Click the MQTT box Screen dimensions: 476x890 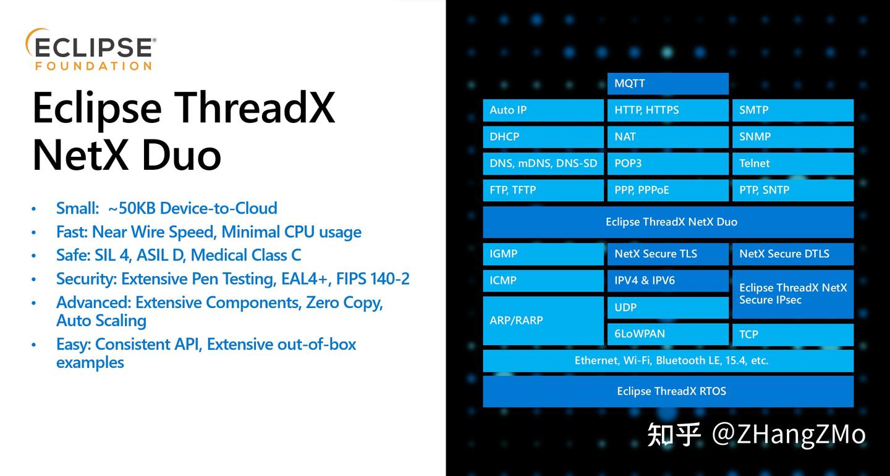667,83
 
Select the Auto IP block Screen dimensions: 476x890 543,110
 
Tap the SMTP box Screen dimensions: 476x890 792,110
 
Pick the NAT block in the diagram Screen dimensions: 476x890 667,136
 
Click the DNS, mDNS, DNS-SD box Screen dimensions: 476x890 543,163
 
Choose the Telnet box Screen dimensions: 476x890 792,163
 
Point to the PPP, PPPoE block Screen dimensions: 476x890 667,190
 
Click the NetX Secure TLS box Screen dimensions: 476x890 667,254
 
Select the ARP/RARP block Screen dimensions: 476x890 543,320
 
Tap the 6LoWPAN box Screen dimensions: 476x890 667,334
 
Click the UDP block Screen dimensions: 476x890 667,307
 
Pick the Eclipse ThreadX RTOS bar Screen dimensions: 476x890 667,391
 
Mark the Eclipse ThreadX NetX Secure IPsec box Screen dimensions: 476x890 792,294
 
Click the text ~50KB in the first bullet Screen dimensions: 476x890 131,208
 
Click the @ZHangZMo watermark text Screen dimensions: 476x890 789,434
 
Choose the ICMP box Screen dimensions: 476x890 543,280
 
